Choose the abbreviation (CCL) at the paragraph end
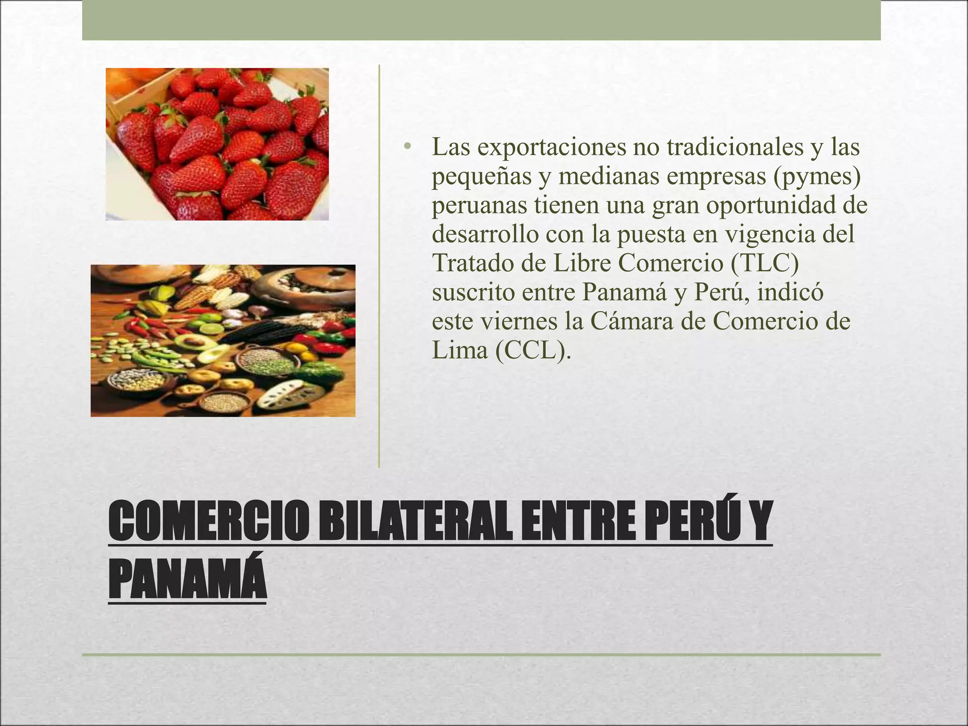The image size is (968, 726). [x=533, y=350]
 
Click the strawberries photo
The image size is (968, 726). [x=217, y=144]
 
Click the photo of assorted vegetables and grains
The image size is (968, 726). [x=223, y=340]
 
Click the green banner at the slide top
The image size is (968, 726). [x=481, y=20]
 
